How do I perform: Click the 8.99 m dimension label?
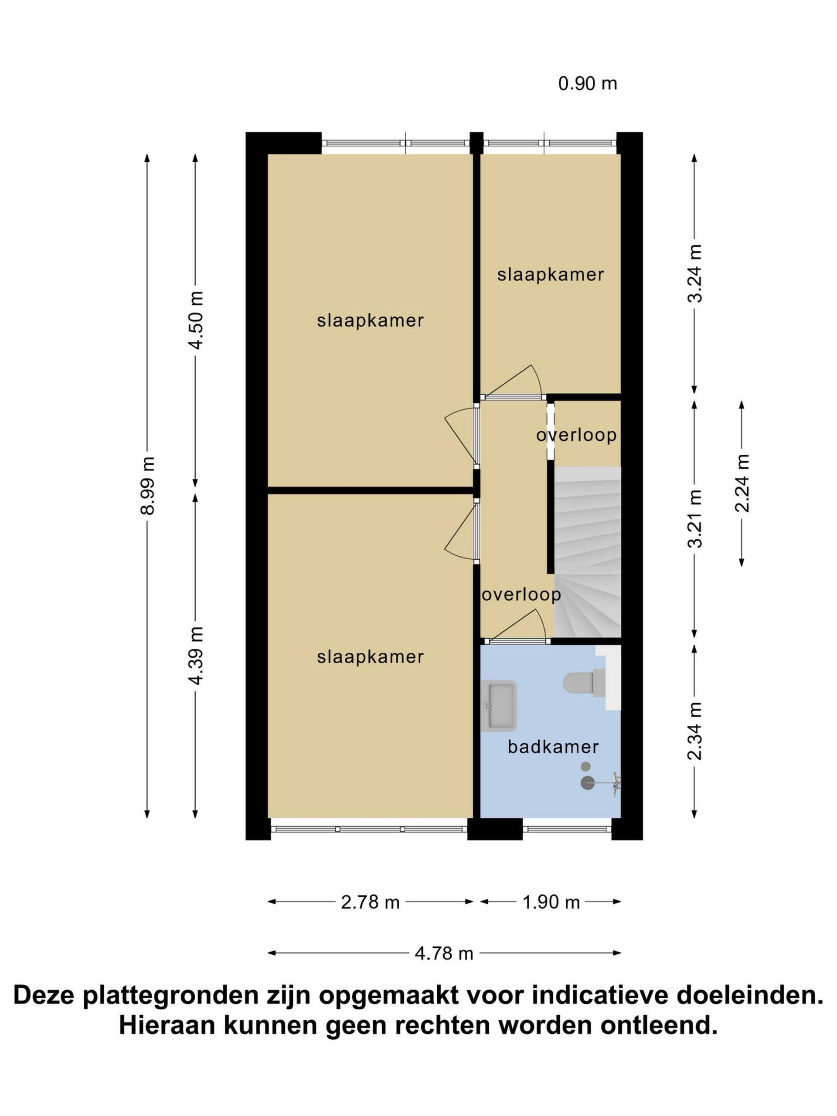pyautogui.click(x=147, y=484)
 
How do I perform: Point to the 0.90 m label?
pyautogui.click(x=587, y=83)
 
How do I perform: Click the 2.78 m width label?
pyautogui.click(x=370, y=902)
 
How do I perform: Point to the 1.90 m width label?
pyautogui.click(x=551, y=902)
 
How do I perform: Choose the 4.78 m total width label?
pyautogui.click(x=444, y=953)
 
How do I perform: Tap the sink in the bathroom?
pyautogui.click(x=498, y=705)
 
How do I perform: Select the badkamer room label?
pyautogui.click(x=553, y=747)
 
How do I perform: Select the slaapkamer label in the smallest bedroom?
pyautogui.click(x=551, y=275)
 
